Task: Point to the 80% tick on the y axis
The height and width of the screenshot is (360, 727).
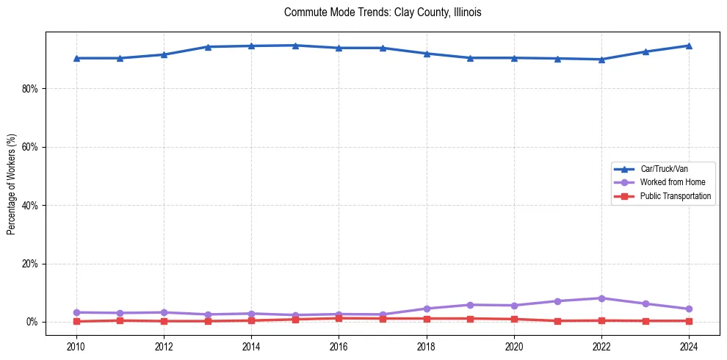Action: click(x=31, y=89)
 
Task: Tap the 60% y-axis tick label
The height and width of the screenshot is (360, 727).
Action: click(x=31, y=147)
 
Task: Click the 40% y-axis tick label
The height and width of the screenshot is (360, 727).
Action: click(x=31, y=206)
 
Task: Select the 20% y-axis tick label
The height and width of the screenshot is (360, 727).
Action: click(x=31, y=264)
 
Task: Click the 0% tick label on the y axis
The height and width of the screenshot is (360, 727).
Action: click(x=33, y=322)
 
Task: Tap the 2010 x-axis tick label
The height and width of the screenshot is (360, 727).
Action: click(x=76, y=346)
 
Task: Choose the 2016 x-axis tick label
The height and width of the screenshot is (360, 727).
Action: click(x=339, y=346)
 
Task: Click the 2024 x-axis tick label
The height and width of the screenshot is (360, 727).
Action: click(x=689, y=346)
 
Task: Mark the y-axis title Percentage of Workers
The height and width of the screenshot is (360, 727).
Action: click(x=12, y=184)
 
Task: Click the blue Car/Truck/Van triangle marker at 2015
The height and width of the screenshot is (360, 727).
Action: click(x=295, y=46)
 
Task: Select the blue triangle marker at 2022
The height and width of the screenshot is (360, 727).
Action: click(x=601, y=60)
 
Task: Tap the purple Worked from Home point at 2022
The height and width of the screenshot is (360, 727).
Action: click(x=601, y=298)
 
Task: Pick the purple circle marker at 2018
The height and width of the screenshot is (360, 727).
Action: click(x=427, y=309)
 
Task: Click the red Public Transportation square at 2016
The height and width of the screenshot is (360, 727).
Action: click(x=339, y=318)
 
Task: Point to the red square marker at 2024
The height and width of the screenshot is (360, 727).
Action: click(x=689, y=321)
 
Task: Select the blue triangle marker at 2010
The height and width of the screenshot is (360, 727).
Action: click(x=76, y=58)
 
